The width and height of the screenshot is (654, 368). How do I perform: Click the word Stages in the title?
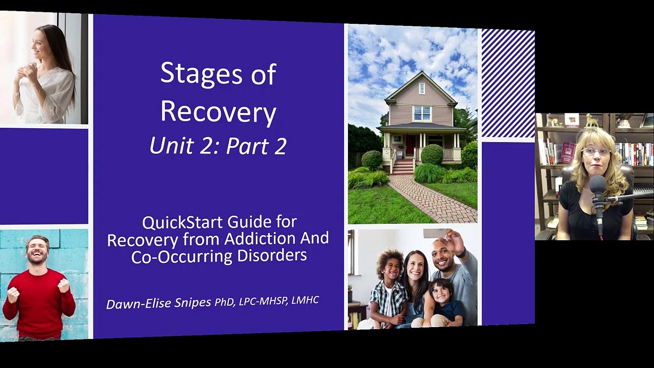[x=201, y=74]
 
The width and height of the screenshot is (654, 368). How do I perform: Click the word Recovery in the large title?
[x=218, y=113]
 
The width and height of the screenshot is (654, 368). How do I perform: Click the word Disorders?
[x=272, y=255]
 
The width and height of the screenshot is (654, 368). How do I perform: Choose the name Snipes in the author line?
[x=193, y=303]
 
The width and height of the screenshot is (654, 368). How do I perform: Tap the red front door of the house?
[x=410, y=145]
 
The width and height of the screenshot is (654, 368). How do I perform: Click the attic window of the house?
[x=422, y=88]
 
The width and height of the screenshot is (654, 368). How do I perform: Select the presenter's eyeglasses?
[x=596, y=152]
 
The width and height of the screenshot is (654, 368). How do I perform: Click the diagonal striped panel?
[x=508, y=83]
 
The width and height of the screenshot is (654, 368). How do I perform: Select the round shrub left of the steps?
[x=371, y=160]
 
